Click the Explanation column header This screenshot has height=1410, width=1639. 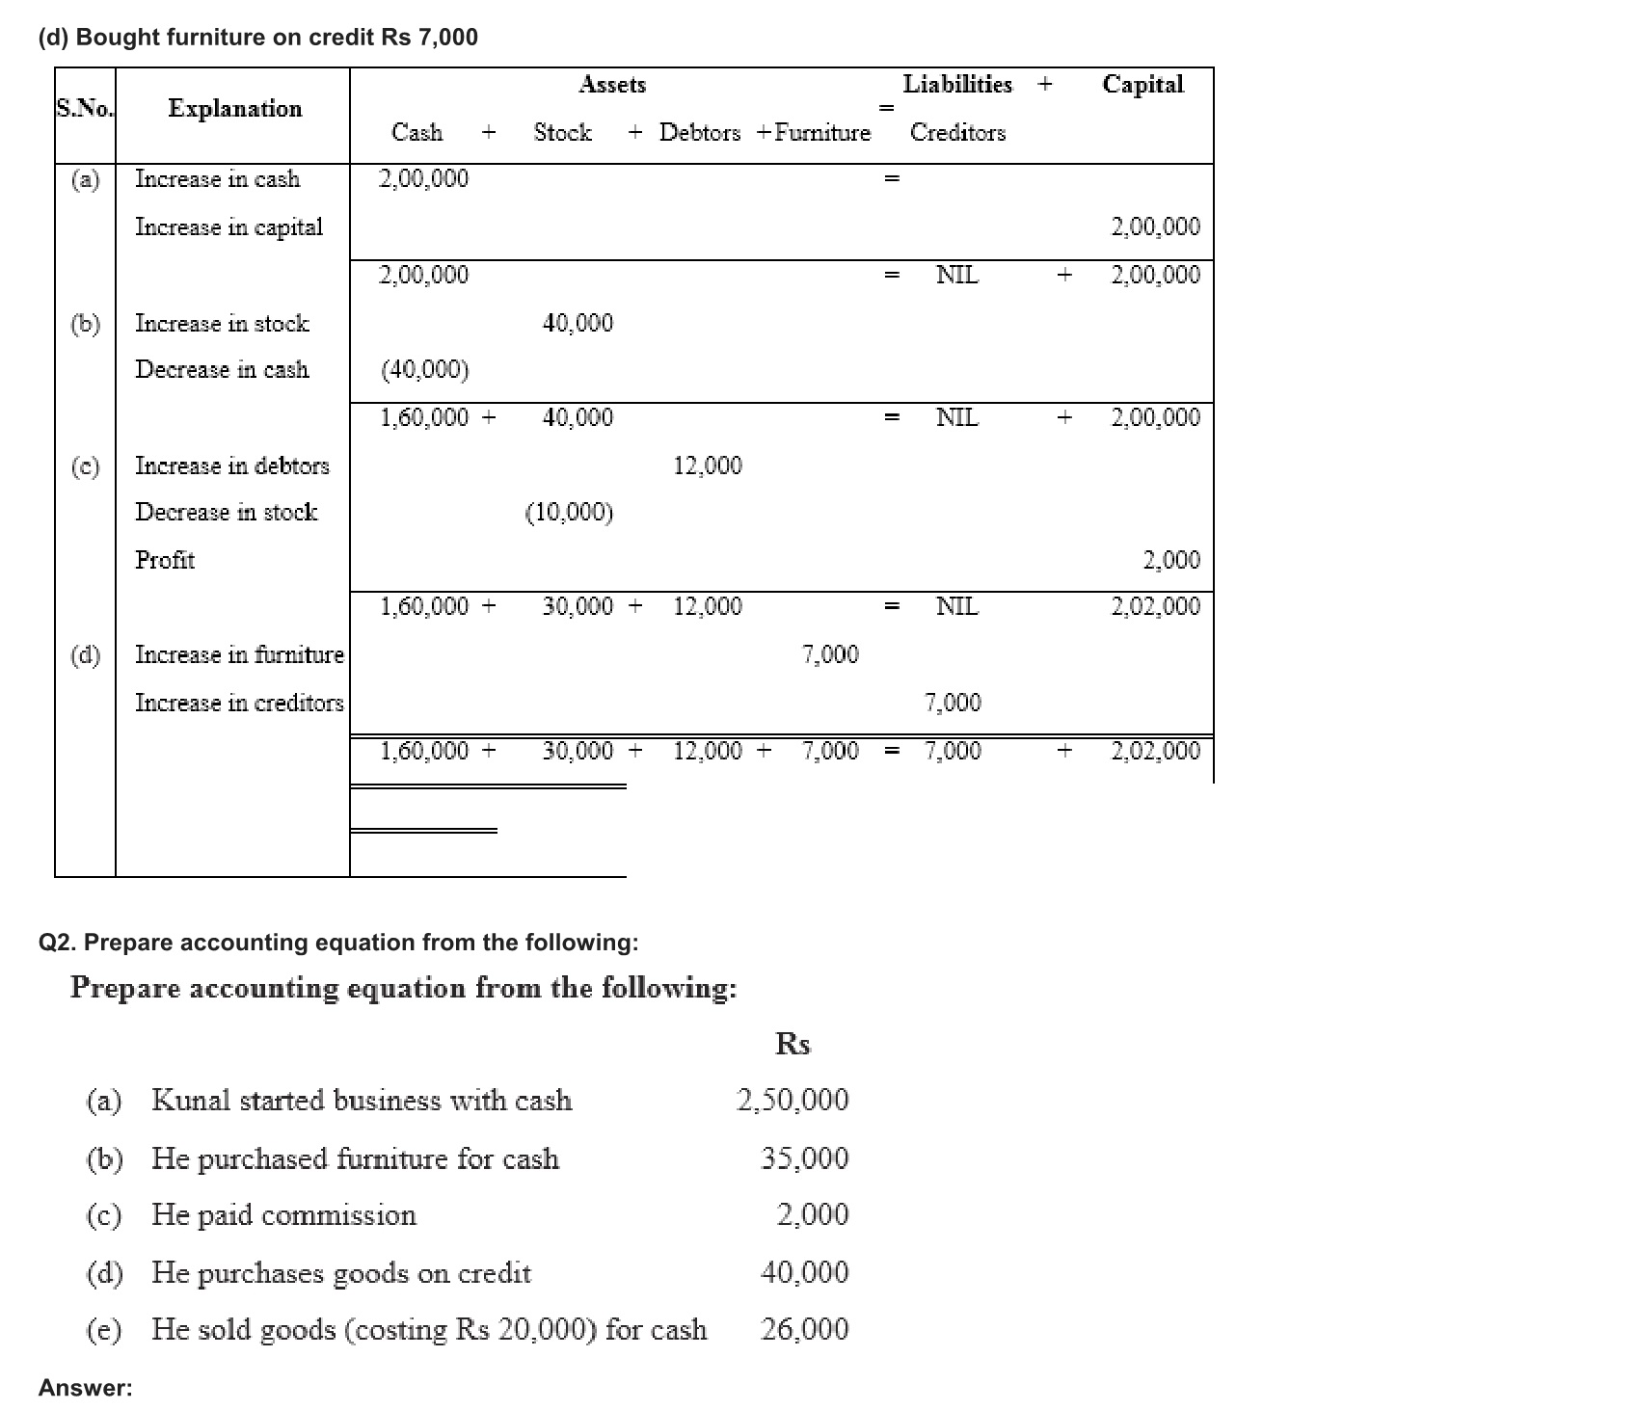(234, 109)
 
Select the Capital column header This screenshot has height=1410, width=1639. (1142, 85)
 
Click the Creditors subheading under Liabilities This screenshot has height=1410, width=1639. (957, 133)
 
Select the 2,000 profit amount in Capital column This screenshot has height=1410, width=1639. (1171, 560)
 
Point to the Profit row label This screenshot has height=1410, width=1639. (165, 560)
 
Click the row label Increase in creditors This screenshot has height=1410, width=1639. (239, 703)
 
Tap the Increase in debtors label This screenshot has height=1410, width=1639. (231, 466)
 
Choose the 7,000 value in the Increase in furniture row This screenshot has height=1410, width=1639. (830, 655)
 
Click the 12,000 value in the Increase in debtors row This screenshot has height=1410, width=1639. (708, 466)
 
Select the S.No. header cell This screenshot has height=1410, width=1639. (85, 109)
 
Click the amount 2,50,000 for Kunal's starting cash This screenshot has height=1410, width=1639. (793, 1100)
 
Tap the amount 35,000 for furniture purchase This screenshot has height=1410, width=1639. (805, 1157)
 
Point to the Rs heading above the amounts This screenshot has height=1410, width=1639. (793, 1044)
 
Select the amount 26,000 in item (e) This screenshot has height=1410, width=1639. (805, 1329)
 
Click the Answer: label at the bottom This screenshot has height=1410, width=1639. (86, 1388)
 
